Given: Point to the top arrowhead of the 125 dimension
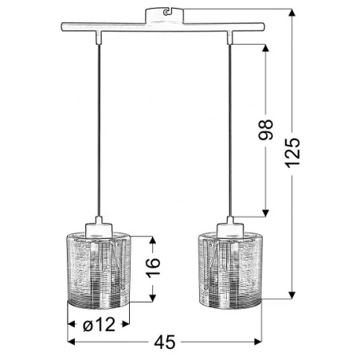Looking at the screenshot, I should (294, 11).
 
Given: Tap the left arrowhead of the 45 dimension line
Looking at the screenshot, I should (68, 342).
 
